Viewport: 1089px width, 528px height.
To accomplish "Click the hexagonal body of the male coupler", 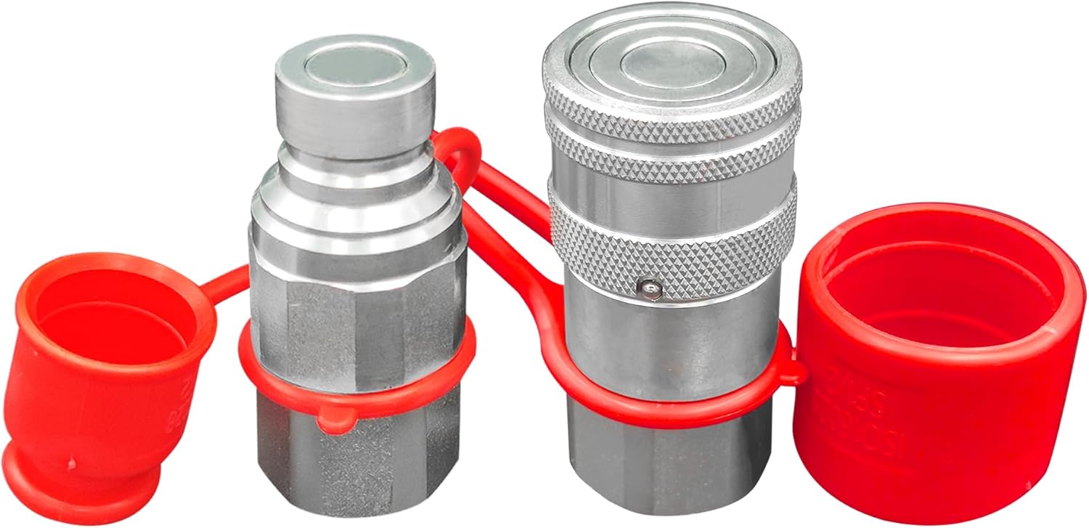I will pos(356,312).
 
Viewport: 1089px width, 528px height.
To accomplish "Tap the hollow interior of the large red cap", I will pos(944,291).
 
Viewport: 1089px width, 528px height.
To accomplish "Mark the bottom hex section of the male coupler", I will pos(356,465).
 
